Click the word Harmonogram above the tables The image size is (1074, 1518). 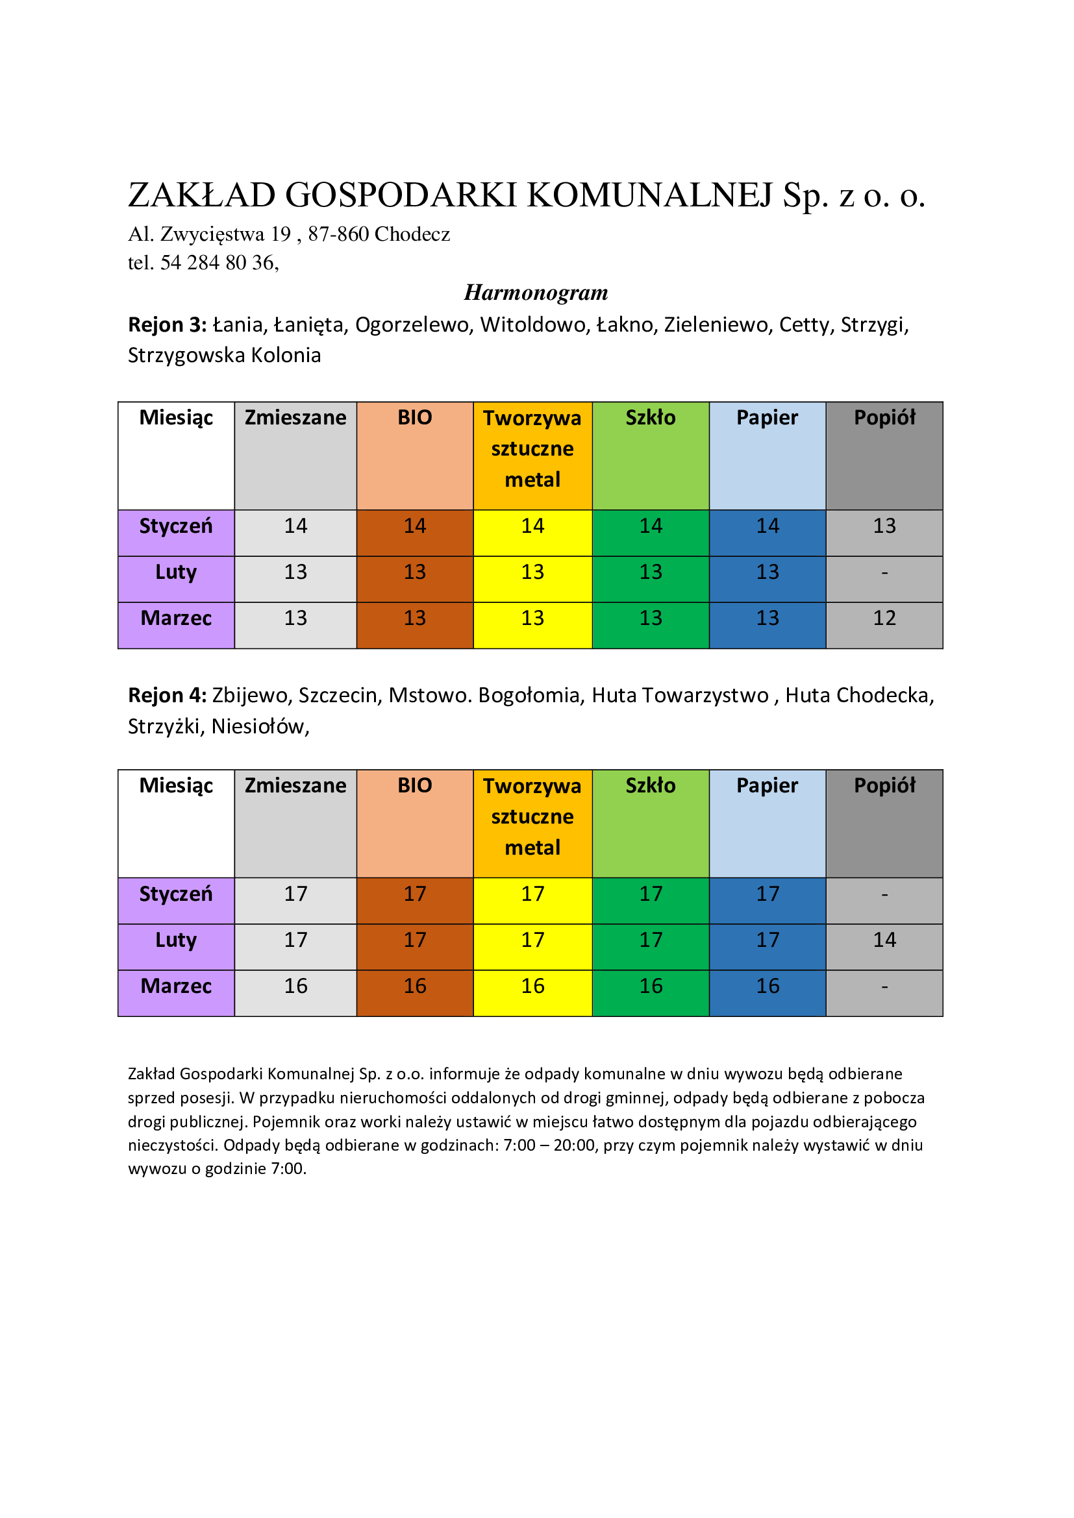(x=536, y=292)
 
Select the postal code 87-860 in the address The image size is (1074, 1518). (x=338, y=234)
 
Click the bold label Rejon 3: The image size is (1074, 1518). (x=168, y=324)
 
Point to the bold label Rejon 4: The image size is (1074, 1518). (x=168, y=696)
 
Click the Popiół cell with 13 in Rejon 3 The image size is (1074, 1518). (x=884, y=526)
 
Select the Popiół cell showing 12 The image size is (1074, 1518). (x=884, y=618)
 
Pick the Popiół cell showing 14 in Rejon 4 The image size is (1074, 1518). (x=884, y=940)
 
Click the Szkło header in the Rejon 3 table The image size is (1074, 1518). (x=651, y=418)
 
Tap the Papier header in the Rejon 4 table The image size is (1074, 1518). (x=767, y=785)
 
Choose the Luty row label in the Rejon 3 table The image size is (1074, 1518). (x=176, y=572)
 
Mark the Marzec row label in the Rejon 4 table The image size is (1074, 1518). (x=176, y=986)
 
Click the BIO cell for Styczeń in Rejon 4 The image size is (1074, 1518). (x=415, y=894)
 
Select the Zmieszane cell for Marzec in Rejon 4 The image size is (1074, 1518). (x=295, y=986)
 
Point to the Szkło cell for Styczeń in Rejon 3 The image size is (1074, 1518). (x=651, y=526)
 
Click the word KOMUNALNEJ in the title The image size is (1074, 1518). (x=650, y=195)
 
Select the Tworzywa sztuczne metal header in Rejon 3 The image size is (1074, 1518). (x=532, y=449)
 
